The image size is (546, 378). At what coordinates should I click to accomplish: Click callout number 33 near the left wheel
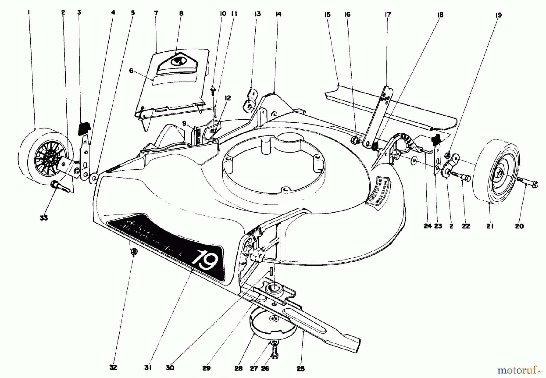click(44, 218)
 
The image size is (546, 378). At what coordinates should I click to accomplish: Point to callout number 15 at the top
click(327, 15)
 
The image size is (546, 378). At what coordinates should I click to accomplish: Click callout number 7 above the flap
click(156, 14)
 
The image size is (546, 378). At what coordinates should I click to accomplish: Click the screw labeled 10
click(213, 90)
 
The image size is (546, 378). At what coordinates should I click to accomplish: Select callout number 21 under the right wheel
click(490, 226)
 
